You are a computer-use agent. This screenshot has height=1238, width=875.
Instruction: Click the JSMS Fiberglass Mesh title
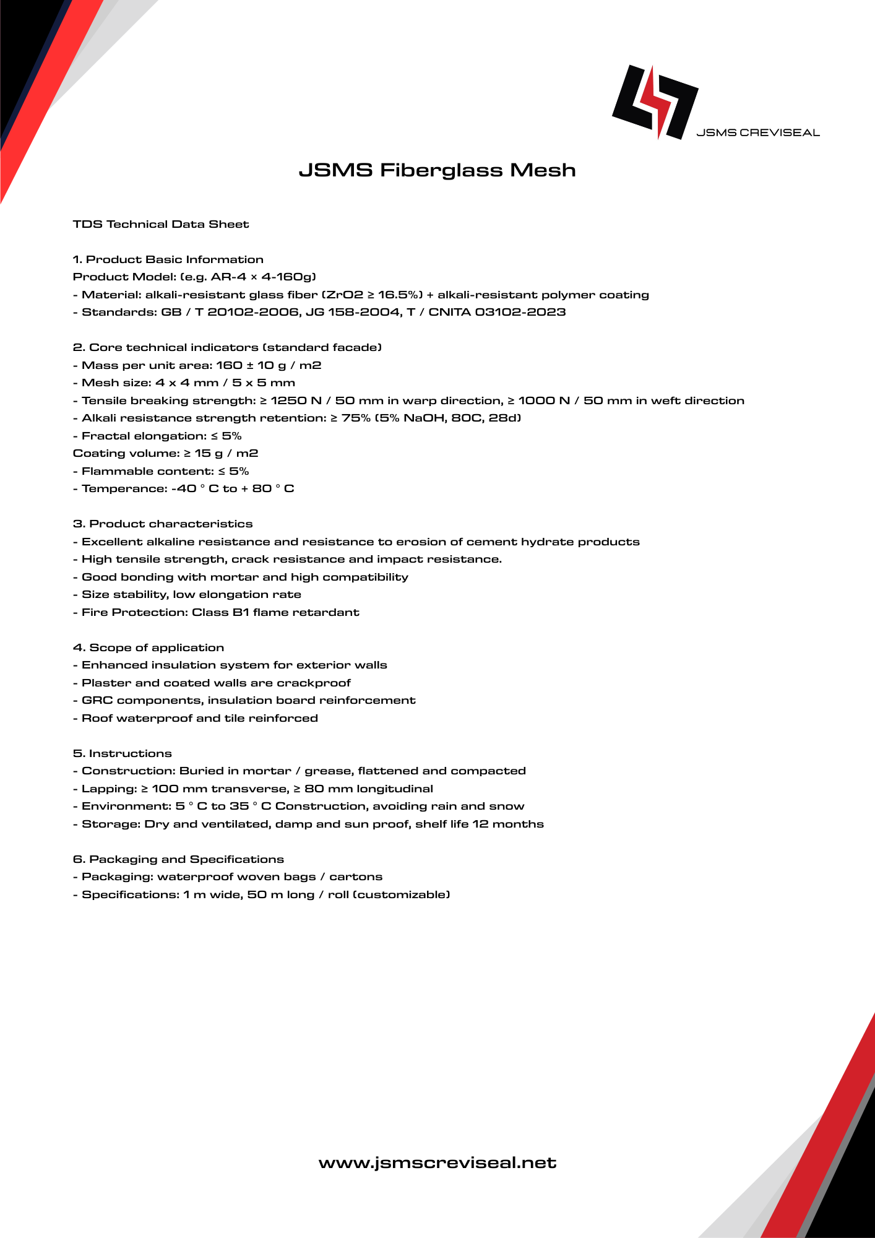(437, 170)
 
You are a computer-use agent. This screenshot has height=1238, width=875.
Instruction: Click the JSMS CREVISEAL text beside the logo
(757, 132)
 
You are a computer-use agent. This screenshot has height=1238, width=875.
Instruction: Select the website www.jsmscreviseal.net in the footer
(437, 1162)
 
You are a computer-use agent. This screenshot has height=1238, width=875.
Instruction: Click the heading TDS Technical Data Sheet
(161, 224)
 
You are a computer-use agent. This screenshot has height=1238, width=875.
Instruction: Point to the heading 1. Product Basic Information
(168, 259)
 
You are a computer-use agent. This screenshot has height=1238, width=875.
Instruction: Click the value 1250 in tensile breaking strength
(288, 400)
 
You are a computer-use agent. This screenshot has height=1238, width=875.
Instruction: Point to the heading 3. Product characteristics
(163, 524)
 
